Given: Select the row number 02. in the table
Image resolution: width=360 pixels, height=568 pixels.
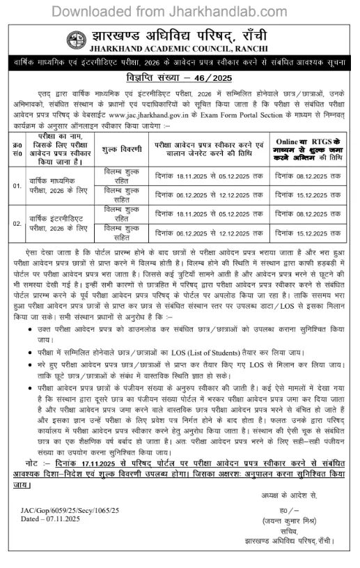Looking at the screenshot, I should [17, 224].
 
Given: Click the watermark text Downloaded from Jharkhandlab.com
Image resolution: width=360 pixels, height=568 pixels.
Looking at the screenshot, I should [180, 12].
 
